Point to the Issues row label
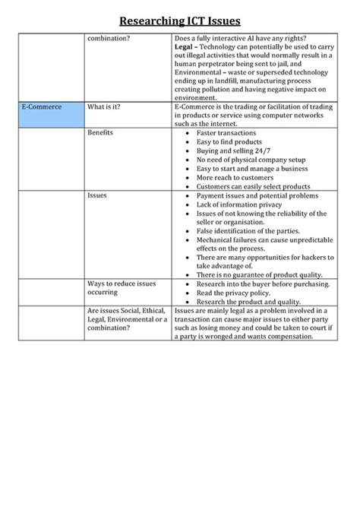[97, 195]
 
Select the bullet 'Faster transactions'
[226, 132]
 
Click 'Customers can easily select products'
[253, 186]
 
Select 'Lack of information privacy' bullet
[238, 204]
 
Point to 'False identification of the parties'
[248, 230]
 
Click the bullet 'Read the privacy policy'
[236, 292]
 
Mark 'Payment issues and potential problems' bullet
[255, 195]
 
